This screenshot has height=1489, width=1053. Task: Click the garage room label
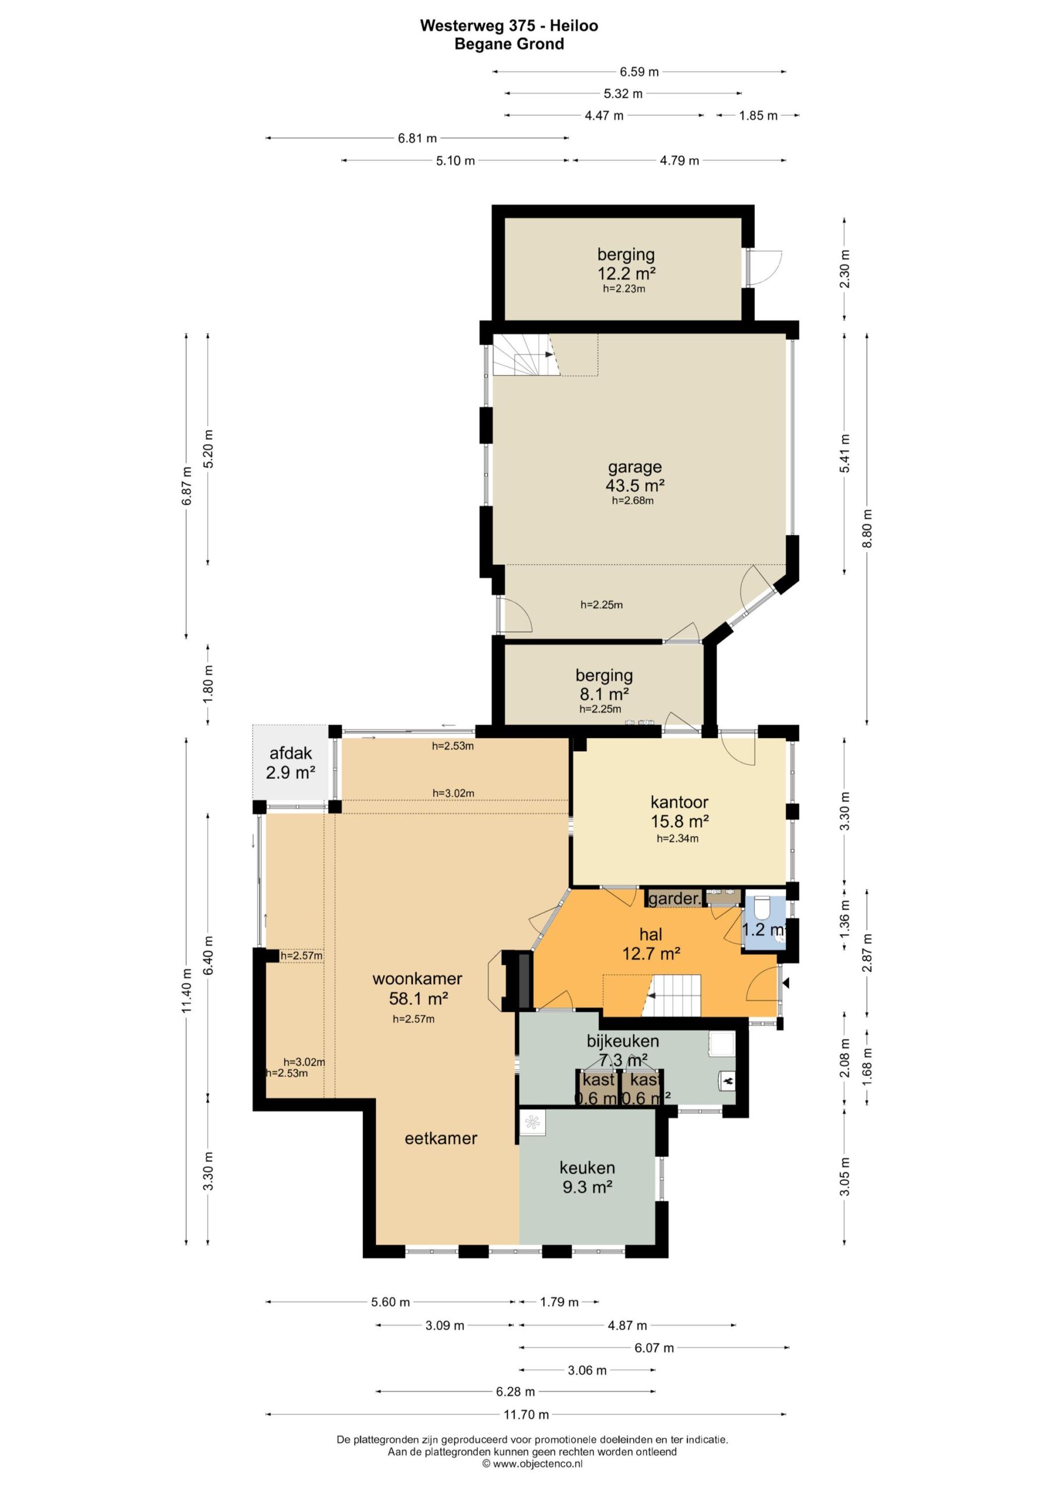point(634,468)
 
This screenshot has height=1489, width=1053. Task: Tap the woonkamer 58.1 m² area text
point(418,998)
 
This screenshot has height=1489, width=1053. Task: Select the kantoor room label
point(679,802)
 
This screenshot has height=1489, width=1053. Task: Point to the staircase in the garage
point(527,355)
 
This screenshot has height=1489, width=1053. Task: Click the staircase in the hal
point(674,995)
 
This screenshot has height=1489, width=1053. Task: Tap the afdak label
point(291,754)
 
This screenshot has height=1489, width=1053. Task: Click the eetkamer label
point(441,1138)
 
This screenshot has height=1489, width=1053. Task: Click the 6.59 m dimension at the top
point(640,72)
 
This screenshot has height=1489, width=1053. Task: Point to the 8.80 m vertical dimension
point(868,529)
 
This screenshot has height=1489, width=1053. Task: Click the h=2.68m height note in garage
point(632,501)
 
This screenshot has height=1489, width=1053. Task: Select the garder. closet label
point(674,899)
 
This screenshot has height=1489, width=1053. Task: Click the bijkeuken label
point(623,1041)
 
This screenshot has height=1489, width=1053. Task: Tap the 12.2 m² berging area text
point(626,273)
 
